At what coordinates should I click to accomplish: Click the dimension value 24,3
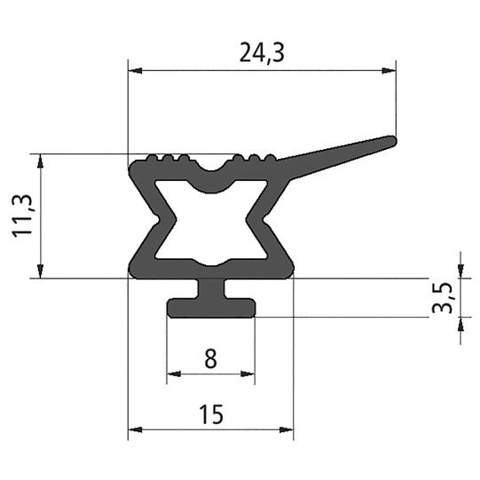click(x=262, y=53)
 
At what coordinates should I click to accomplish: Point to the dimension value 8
click(x=210, y=359)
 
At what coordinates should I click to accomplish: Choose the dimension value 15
click(x=210, y=413)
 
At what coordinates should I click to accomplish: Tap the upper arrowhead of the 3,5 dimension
click(x=460, y=271)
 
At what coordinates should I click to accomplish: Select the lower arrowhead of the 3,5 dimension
click(x=460, y=324)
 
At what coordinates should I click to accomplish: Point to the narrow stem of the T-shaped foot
click(x=211, y=289)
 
